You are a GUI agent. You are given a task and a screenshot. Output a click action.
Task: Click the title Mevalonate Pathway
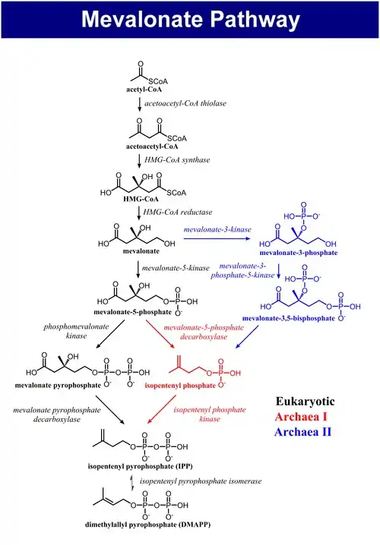pyautogui.click(x=190, y=19)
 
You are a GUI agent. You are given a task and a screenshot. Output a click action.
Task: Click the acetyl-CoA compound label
pyautogui.click(x=144, y=90)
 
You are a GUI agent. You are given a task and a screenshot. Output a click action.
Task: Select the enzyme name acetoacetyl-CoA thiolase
pyautogui.click(x=185, y=103)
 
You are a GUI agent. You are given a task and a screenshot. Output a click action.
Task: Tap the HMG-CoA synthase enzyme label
pyautogui.click(x=177, y=160)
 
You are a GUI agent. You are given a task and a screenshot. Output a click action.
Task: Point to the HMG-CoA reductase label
pyautogui.click(x=178, y=212)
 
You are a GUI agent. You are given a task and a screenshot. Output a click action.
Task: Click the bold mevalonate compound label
pyautogui.click(x=141, y=251)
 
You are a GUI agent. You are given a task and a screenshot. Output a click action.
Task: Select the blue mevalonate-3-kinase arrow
pyautogui.click(x=217, y=238)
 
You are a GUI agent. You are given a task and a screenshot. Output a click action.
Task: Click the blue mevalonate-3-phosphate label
pyautogui.click(x=299, y=253)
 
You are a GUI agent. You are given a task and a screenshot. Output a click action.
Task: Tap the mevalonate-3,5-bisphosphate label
pyautogui.click(x=289, y=318)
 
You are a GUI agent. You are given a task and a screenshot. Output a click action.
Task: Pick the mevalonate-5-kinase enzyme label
pyautogui.click(x=176, y=268)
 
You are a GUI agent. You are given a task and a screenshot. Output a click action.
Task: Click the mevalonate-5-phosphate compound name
pyautogui.click(x=132, y=312)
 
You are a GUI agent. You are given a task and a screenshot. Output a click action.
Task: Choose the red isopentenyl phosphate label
pyautogui.click(x=180, y=386)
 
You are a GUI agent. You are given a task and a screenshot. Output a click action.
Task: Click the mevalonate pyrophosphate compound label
pyautogui.click(x=58, y=385)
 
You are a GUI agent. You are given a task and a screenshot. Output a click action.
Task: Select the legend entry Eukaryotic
pyautogui.click(x=306, y=401)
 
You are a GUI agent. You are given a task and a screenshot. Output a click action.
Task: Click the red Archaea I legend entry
pyautogui.click(x=301, y=417)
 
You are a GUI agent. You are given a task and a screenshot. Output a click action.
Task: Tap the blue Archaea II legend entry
pyautogui.click(x=302, y=432)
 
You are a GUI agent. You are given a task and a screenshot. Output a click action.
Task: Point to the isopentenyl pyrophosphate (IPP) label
pyautogui.click(x=141, y=466)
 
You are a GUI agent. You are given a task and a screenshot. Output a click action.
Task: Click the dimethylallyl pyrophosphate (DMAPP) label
pyautogui.click(x=148, y=525)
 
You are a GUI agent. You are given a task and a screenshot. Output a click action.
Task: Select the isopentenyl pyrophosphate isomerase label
pyautogui.click(x=201, y=481)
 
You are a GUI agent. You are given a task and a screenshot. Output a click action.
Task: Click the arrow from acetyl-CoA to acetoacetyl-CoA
pyautogui.click(x=140, y=105)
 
